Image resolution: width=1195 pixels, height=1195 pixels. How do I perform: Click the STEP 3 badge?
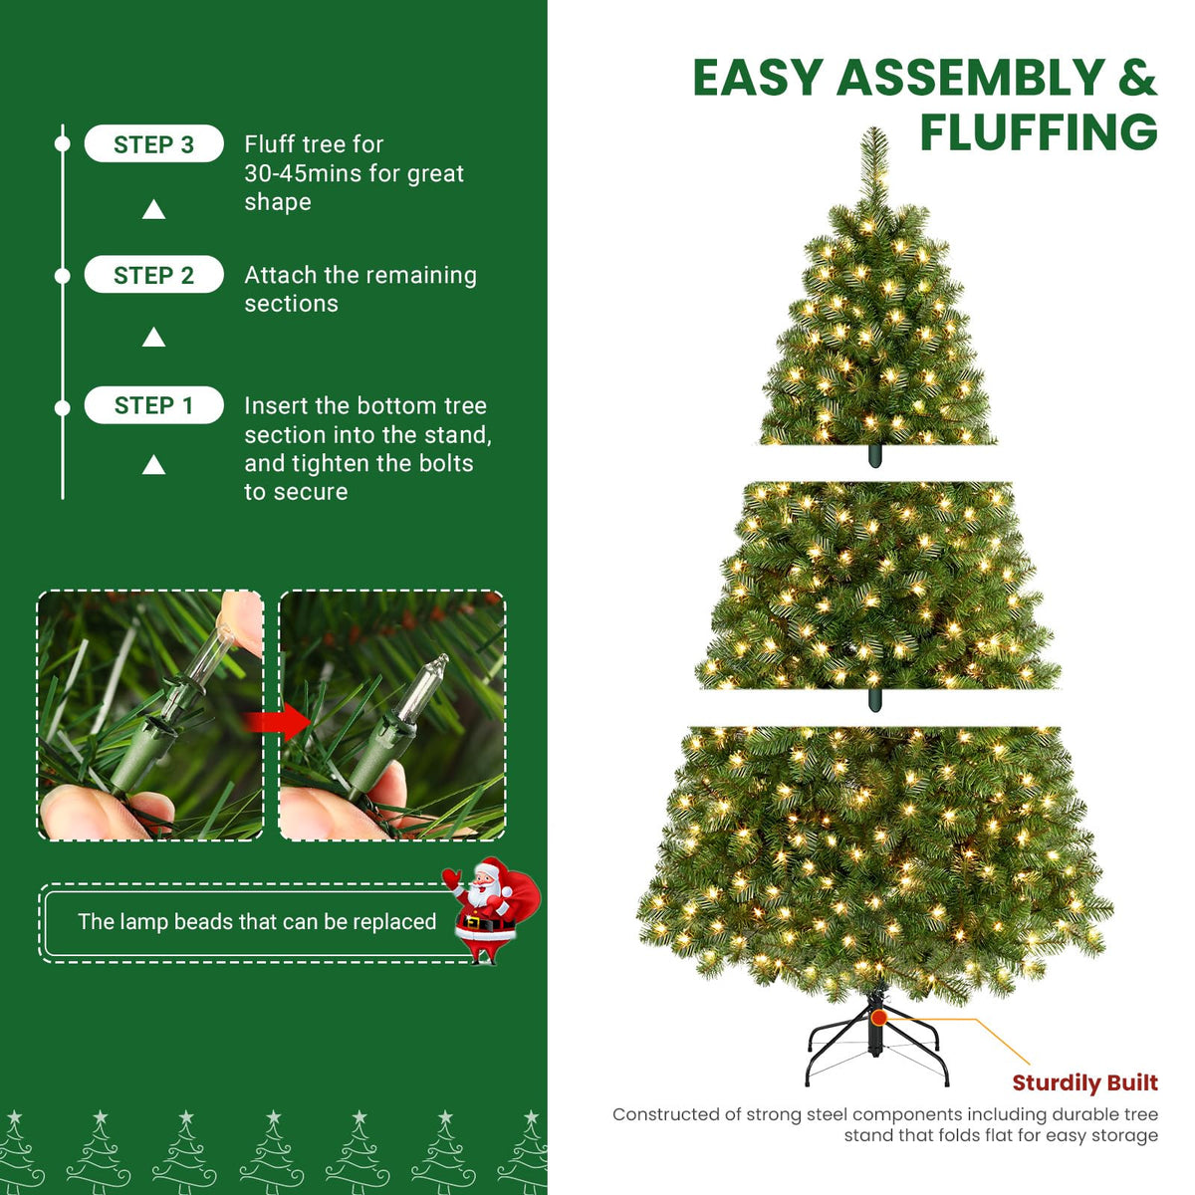point(153,144)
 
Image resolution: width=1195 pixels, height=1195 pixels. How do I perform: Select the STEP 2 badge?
point(153,275)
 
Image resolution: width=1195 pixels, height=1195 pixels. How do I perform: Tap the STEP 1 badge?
point(153,405)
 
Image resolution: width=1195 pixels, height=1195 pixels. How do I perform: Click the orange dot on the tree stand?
point(878,1018)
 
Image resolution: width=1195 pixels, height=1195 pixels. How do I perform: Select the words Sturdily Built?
point(1084,1082)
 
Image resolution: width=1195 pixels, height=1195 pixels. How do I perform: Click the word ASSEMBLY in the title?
point(971,78)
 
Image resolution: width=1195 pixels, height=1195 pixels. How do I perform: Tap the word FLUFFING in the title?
point(1038,132)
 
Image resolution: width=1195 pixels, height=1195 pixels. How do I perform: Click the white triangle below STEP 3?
point(153,209)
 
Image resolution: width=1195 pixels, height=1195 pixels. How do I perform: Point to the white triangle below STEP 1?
point(153,465)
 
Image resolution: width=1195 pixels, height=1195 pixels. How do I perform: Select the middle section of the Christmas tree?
point(876,588)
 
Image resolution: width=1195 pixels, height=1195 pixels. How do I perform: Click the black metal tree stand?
point(876,1046)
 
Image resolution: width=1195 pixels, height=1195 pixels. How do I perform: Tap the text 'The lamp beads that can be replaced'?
point(257,922)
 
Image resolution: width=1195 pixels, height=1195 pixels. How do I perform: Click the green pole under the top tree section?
point(874,455)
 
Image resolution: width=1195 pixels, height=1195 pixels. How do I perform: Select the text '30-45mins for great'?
point(355,173)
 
